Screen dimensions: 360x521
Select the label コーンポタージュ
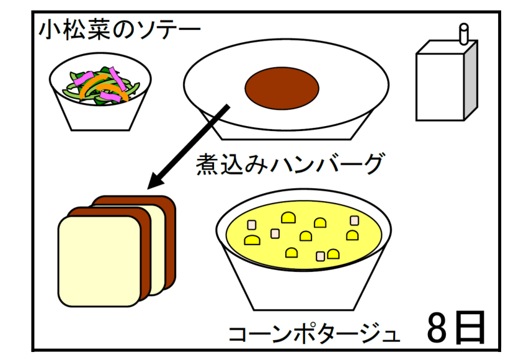313,333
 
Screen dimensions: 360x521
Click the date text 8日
455,327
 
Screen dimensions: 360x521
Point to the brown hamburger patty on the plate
280,87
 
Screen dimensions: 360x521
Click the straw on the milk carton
462,34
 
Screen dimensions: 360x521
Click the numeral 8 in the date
439,327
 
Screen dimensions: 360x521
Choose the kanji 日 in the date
470,327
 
